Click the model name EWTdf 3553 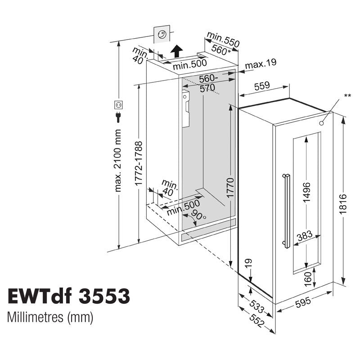click(69, 296)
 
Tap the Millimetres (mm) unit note click(50, 317)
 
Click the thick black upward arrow click(178, 51)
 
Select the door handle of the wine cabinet click(284, 210)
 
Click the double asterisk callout click(347, 95)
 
